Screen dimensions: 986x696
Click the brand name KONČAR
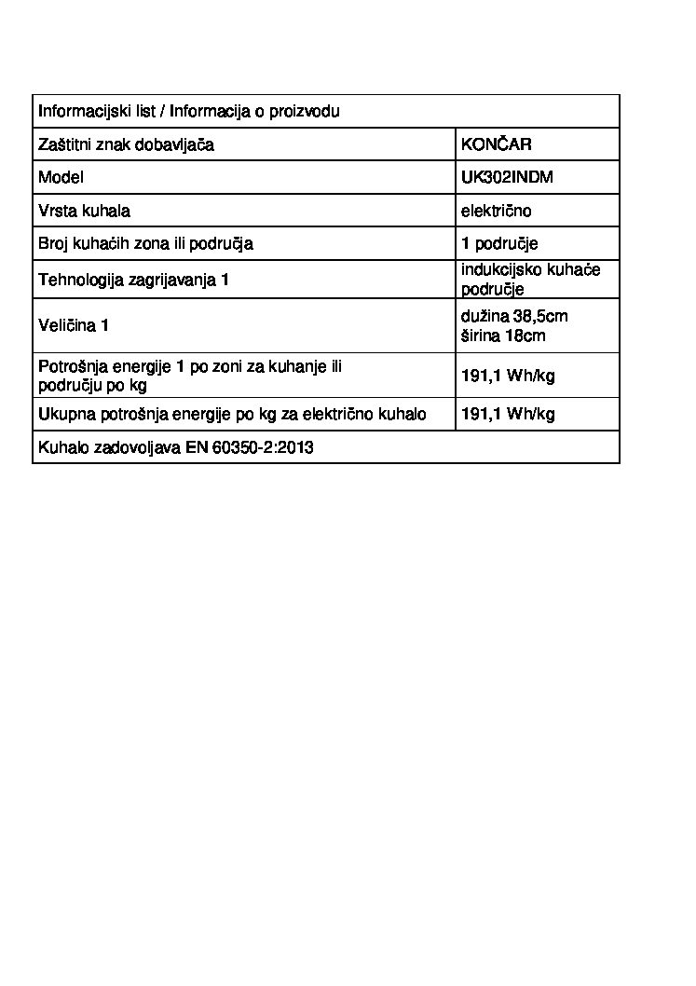pyautogui.click(x=497, y=144)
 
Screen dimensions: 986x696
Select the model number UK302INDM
pyautogui.click(x=507, y=177)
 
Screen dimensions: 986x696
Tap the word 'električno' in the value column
pyautogui.click(x=496, y=211)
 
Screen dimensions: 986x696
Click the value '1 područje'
pyautogui.click(x=499, y=244)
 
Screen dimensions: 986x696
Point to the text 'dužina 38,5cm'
pyautogui.click(x=513, y=316)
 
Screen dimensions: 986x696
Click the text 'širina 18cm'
pyautogui.click(x=503, y=336)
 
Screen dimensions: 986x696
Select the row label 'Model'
pyautogui.click(x=61, y=177)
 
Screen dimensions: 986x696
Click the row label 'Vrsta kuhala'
pyautogui.click(x=84, y=211)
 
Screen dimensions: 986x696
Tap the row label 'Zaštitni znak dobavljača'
pyautogui.click(x=126, y=144)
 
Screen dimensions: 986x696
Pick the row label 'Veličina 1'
pyautogui.click(x=74, y=325)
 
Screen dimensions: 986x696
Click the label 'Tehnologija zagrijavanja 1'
pyautogui.click(x=133, y=280)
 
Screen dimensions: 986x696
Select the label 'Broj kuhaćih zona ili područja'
pyautogui.click(x=145, y=244)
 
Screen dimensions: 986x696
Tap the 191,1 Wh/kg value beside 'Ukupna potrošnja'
pyautogui.click(x=508, y=414)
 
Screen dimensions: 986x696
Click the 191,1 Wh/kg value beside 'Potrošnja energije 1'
pyautogui.click(x=508, y=377)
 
